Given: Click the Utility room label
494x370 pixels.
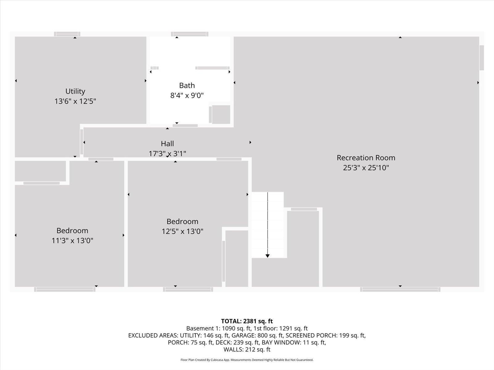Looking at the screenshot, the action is (75, 91).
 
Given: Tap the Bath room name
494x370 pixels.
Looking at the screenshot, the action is (187, 85).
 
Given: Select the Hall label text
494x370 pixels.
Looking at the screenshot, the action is (167, 144).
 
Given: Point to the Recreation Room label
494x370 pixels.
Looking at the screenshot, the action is (366, 158).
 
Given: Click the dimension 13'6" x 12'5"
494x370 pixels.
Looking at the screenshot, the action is (75, 101).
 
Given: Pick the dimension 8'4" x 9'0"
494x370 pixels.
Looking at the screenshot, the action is (187, 96).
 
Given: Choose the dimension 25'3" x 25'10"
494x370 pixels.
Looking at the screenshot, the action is (366, 168).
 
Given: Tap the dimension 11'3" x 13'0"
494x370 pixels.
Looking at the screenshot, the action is (72, 240).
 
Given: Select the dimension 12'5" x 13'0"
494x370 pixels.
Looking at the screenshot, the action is (182, 231).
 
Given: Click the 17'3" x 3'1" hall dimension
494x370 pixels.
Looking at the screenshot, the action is (167, 154).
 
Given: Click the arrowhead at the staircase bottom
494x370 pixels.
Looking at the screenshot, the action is (267, 256).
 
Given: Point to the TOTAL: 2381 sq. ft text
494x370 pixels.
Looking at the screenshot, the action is (247, 321).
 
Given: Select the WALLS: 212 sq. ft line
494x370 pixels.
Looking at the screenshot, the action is (247, 350).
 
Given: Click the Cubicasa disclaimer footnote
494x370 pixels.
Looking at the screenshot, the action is (247, 360).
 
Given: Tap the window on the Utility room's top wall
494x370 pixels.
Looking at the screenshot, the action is (67, 34).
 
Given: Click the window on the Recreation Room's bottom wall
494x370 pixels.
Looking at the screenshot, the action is (400, 289).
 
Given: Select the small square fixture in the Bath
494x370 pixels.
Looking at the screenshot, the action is (221, 114).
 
